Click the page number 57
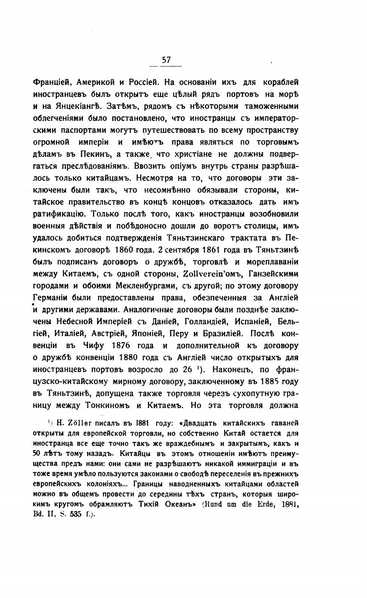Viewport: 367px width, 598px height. click(x=166, y=60)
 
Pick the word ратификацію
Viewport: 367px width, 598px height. click(x=59, y=214)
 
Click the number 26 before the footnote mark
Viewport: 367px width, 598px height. click(x=187, y=370)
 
